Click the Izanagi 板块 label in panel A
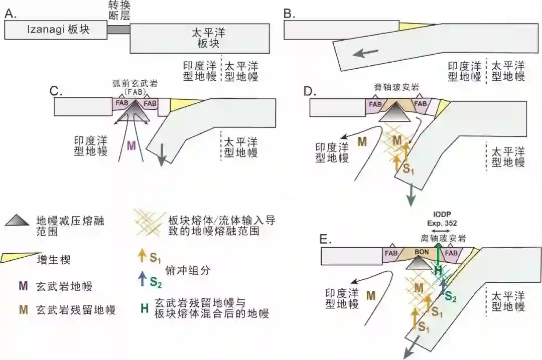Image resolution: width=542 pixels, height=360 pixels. click(58, 30)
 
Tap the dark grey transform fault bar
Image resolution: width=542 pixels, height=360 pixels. click(118, 30)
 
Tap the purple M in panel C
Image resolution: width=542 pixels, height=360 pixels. click(131, 146)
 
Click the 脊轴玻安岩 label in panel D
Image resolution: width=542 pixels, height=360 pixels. click(395, 87)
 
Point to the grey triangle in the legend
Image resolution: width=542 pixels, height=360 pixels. click(21, 221)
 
